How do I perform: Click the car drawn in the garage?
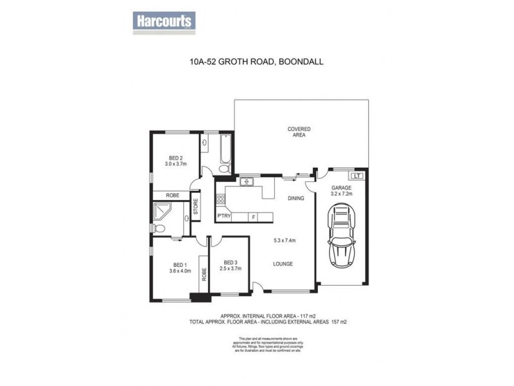point(341,239)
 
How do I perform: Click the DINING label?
point(296,199)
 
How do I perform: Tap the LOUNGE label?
point(283,264)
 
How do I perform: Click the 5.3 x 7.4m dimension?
point(283,240)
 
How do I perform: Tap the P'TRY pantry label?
point(224,216)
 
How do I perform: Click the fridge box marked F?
point(253,216)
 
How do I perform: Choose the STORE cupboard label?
point(196,210)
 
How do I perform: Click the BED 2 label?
point(176,158)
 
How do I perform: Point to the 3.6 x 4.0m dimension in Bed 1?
point(179,271)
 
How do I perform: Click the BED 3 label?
point(230,263)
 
